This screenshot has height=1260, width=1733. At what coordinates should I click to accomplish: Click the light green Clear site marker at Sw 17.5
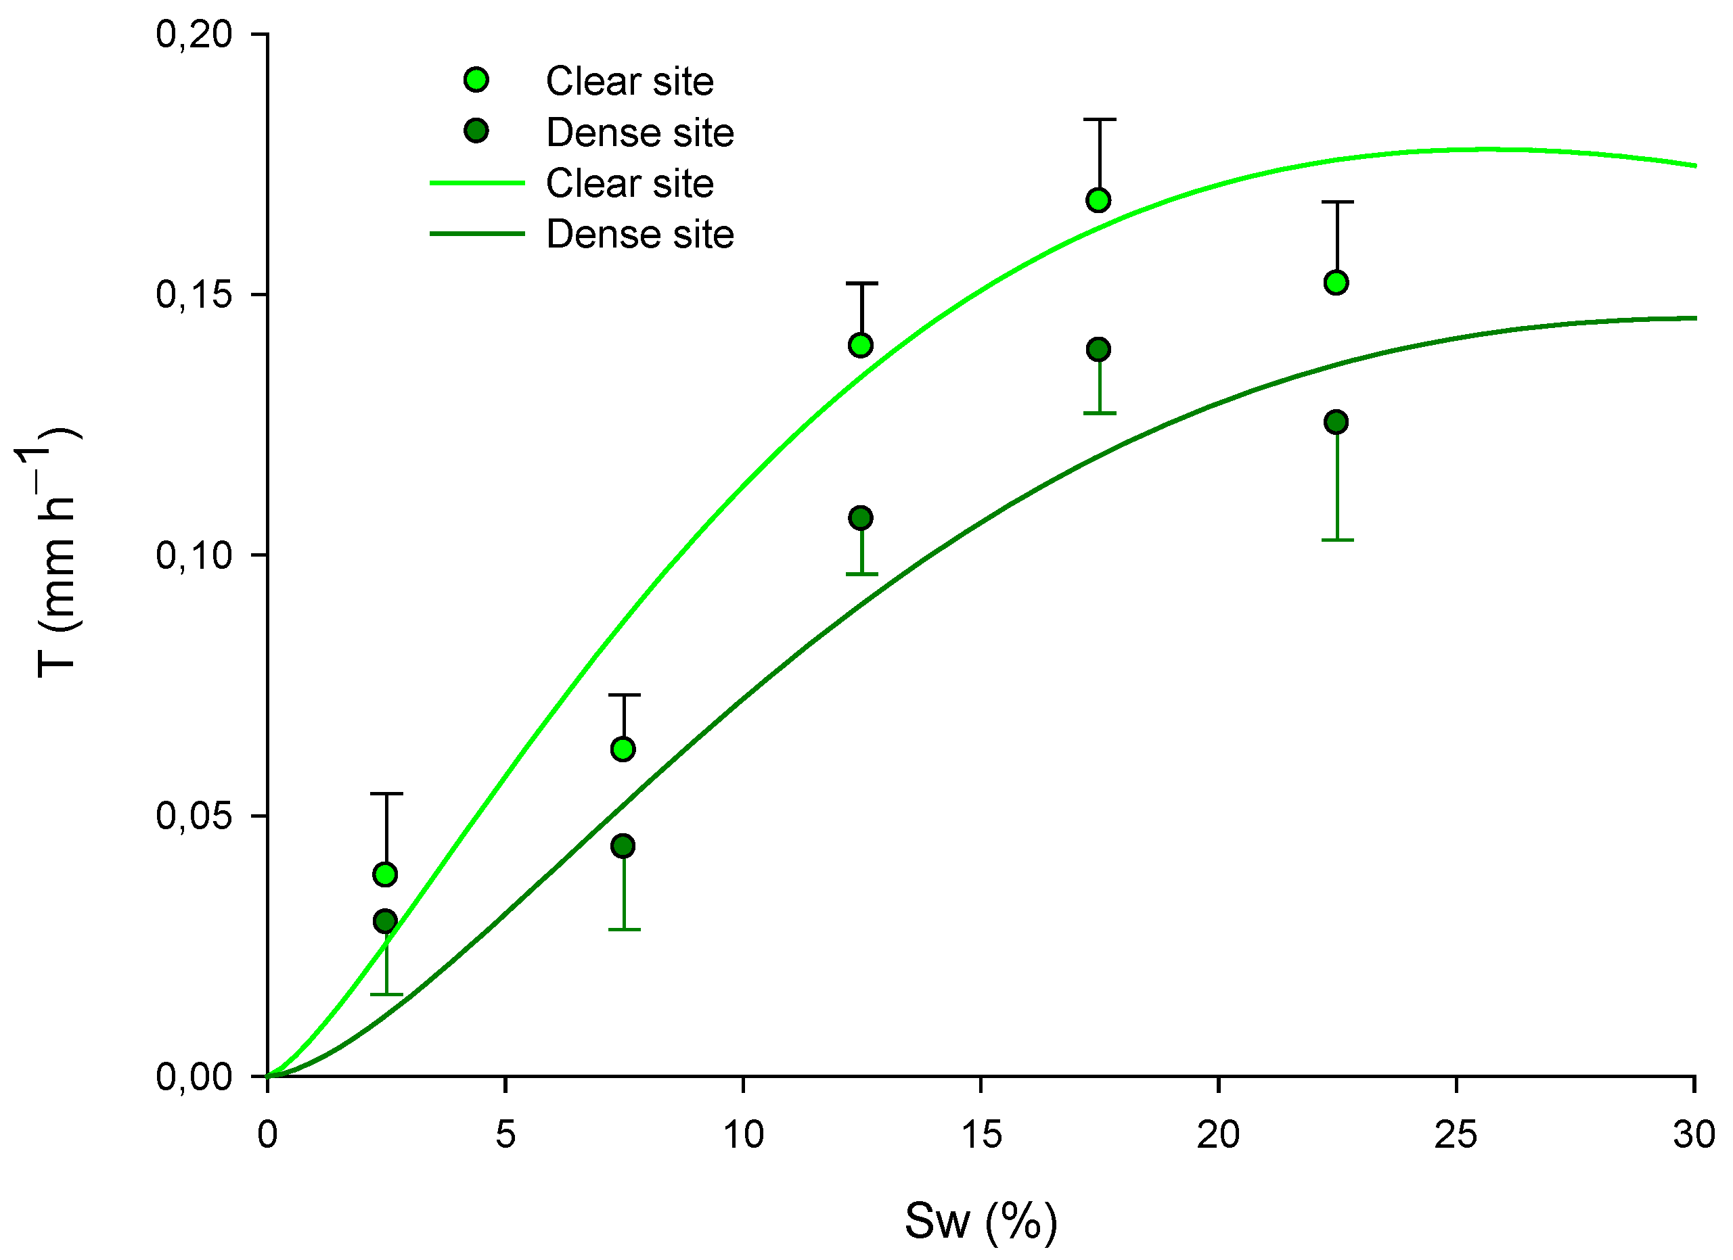[x=1098, y=201]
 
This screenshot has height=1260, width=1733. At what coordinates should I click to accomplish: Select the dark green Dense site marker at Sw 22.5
[x=1336, y=422]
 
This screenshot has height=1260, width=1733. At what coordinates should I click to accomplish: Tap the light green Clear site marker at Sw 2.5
[x=385, y=874]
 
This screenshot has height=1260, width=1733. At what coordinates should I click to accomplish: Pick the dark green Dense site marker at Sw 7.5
[x=623, y=846]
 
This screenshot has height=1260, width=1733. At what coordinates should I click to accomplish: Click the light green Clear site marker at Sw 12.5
[x=860, y=345]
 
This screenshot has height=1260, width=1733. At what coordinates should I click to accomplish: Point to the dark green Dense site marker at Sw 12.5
[x=860, y=519]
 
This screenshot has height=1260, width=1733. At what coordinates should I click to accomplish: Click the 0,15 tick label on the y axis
[x=194, y=295]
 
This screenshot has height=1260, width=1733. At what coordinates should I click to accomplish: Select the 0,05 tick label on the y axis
[x=194, y=816]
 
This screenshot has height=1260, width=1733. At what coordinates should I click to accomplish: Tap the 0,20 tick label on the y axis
[x=194, y=34]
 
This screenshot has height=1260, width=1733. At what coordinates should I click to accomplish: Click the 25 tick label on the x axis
[x=1456, y=1136]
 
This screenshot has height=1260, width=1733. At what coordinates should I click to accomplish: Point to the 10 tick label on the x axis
[x=743, y=1136]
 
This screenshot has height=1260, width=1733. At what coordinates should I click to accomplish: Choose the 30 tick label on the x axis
[x=1693, y=1136]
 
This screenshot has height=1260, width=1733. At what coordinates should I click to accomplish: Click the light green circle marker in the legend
[x=476, y=79]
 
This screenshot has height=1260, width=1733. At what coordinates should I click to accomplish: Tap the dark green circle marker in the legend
[x=476, y=131]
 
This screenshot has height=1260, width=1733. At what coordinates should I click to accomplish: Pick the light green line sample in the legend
[x=477, y=183]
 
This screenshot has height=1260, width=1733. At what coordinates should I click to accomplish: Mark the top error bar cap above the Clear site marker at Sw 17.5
[x=1100, y=120]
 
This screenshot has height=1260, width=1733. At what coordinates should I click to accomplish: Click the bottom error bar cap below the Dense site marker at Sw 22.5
[x=1337, y=540]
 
